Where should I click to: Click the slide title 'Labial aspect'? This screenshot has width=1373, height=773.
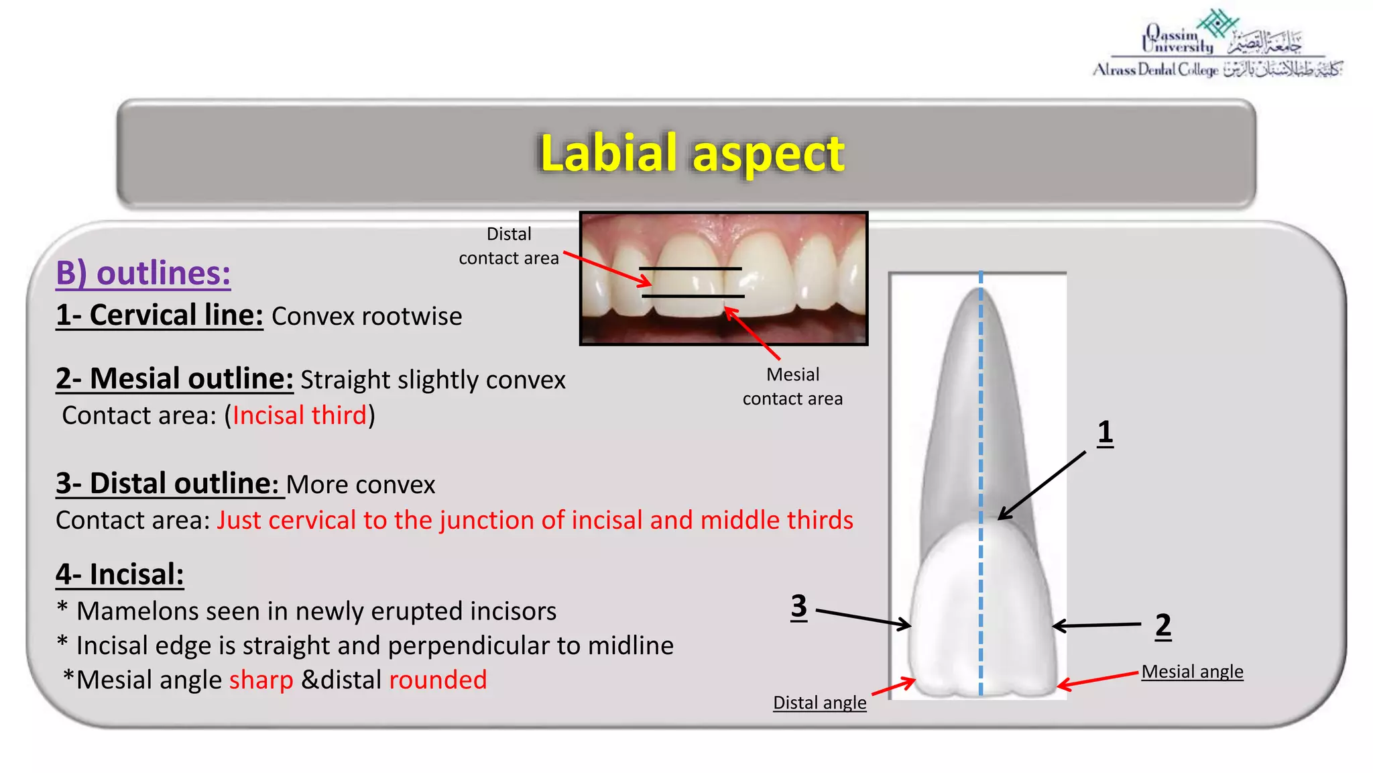pos(692,153)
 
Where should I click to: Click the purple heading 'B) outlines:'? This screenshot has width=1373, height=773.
pos(143,273)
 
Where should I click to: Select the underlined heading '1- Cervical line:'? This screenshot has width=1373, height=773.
pos(159,315)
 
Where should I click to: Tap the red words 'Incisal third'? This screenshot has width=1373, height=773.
pos(300,415)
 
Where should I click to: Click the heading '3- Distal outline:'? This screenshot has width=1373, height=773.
pos(167,484)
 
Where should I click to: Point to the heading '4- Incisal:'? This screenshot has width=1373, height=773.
pos(119,575)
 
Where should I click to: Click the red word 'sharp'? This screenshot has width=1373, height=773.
pos(261,680)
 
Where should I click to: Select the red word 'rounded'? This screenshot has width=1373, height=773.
pos(438,680)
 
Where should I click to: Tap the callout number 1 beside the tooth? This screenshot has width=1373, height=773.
pos(1105,433)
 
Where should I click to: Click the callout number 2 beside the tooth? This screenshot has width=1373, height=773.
pos(1163,625)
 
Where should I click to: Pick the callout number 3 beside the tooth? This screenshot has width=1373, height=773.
pos(798,607)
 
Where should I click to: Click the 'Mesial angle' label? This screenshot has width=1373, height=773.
pos(1192,672)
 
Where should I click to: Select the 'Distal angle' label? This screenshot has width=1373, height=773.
pos(819,703)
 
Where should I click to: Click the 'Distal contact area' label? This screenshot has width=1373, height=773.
pos(508,246)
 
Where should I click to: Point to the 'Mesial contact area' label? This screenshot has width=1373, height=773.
pos(792,386)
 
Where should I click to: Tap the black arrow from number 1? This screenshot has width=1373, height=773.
pos(1042,485)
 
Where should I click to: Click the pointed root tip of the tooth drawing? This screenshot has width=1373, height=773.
pos(980,292)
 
